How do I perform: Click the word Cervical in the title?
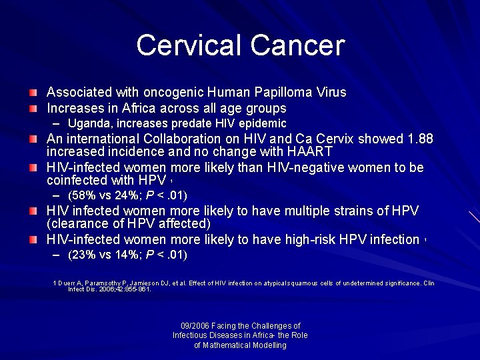click(x=189, y=45)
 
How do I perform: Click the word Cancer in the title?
click(x=297, y=45)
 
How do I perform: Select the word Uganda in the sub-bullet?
click(x=88, y=123)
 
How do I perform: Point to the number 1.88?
click(x=419, y=139)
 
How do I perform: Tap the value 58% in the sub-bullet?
click(x=83, y=196)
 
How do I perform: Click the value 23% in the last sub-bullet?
click(x=83, y=255)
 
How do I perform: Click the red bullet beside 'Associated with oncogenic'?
click(x=33, y=92)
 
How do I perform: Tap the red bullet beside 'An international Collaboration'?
click(x=33, y=139)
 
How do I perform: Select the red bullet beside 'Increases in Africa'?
click(x=33, y=107)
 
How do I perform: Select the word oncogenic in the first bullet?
click(x=171, y=93)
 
